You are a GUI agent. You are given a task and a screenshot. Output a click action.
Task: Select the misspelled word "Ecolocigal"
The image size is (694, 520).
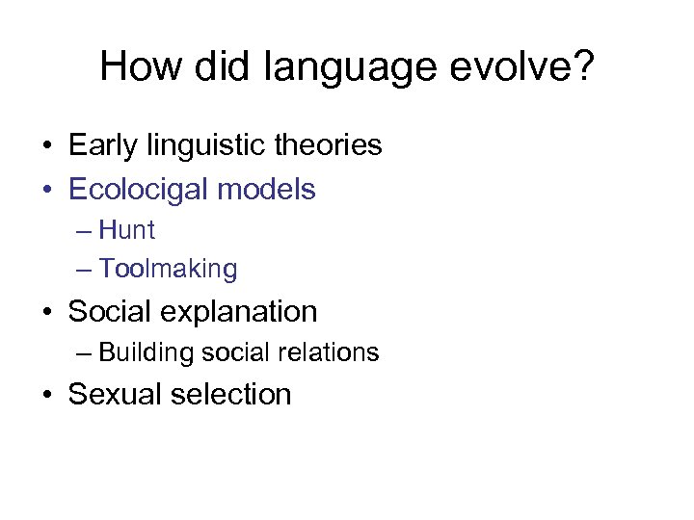139,190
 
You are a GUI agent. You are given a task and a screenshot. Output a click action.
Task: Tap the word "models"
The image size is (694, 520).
267,189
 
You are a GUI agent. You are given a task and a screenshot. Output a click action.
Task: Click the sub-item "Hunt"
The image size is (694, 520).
126,231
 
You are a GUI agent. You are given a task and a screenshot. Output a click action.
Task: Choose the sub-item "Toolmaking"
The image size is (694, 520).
168,270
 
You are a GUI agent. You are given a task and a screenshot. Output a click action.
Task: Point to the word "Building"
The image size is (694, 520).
147,353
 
